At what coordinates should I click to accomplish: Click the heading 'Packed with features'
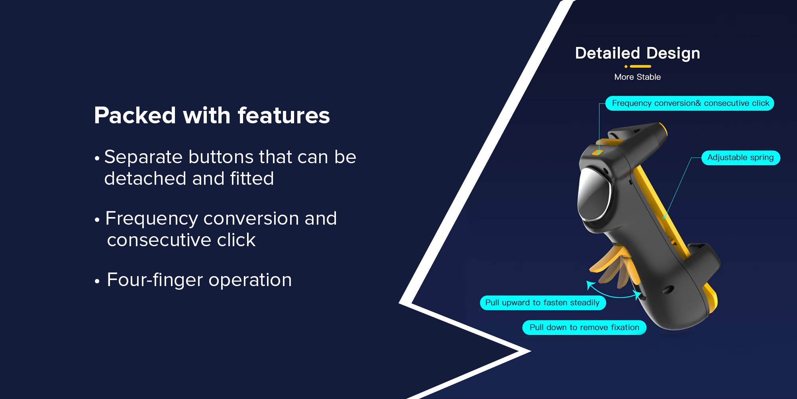pos(212,116)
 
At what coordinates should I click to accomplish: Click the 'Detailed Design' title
pos(638,53)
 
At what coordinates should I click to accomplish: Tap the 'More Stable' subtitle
pos(638,77)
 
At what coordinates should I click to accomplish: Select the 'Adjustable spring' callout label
pos(740,158)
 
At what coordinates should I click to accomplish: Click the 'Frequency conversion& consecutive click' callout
pos(690,103)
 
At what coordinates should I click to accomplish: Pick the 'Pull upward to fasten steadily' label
pos(542,303)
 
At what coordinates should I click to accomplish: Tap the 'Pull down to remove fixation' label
pos(584,328)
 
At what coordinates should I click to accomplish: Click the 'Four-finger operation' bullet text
pos(199,280)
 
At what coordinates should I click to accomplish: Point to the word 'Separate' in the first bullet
pos(143,157)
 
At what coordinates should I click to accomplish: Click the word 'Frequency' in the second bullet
pos(151,219)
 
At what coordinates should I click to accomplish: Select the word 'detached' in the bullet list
pos(145,178)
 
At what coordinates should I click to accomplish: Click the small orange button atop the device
pos(597,152)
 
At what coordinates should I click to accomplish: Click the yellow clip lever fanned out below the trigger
pos(610,265)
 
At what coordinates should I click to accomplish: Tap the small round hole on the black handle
pos(668,290)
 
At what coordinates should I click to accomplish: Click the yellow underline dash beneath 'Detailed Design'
pos(640,66)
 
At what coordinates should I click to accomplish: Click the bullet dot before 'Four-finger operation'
pos(97,281)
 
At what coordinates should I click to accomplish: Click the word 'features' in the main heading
pos(284,116)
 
